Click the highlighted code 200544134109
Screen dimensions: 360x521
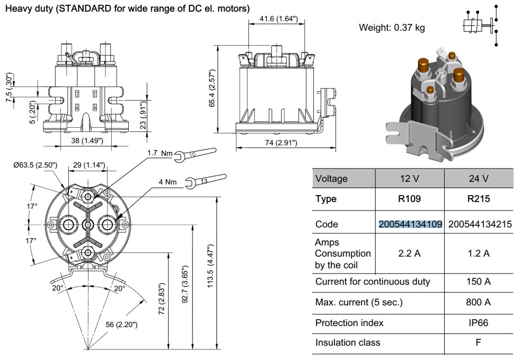pos(410,224)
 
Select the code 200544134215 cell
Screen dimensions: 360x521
pos(480,224)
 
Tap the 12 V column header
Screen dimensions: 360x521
pos(410,179)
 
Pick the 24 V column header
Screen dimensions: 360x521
pos(479,179)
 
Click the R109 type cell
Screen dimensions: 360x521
pos(410,199)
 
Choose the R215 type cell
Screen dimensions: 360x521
pos(479,199)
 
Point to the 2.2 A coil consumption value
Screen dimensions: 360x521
pos(410,253)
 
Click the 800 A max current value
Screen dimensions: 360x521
pos(479,302)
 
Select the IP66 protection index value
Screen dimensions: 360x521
pos(479,322)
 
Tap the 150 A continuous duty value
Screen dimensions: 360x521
pos(479,282)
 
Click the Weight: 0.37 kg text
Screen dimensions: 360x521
pos(392,28)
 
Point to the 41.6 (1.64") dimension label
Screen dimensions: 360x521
pos(278,19)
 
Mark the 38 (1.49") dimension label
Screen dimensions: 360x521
pos(87,141)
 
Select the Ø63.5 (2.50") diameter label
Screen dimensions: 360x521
pos(35,165)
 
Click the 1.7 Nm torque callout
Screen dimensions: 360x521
pos(160,153)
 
